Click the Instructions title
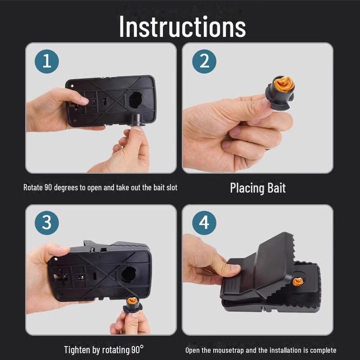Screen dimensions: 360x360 [x=183, y=27]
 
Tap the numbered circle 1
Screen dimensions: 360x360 [x=47, y=62]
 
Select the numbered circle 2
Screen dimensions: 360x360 [x=204, y=62]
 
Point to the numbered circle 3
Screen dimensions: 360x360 [x=47, y=223]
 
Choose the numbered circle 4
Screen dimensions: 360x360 [x=204, y=223]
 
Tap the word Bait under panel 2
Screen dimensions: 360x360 [x=276, y=188]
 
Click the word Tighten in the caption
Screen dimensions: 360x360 [x=77, y=350]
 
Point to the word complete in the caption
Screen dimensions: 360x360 [x=323, y=351]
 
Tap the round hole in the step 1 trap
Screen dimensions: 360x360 [x=135, y=100]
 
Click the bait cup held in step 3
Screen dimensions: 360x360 [x=132, y=305]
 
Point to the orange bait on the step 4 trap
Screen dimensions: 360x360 [x=298, y=282]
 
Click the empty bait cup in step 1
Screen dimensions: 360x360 [x=137, y=120]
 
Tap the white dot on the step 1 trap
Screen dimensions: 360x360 [x=72, y=86]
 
